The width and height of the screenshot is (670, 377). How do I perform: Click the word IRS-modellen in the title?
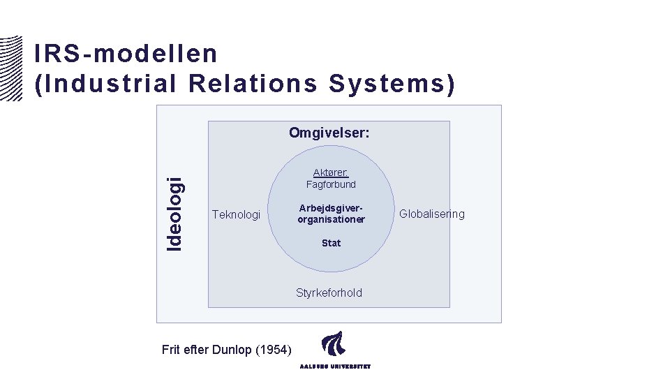tap(126, 54)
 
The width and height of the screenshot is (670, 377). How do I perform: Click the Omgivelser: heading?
tap(329, 133)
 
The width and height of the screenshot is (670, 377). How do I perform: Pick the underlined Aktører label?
tap(330, 172)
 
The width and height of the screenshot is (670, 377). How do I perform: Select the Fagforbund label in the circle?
tap(331, 184)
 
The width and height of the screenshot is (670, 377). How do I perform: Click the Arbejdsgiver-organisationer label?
tap(331, 214)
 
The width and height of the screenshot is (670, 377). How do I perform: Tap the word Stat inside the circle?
tap(331, 243)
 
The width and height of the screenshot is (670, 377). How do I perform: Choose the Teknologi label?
tap(236, 214)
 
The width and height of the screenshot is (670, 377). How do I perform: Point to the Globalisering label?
tap(431, 214)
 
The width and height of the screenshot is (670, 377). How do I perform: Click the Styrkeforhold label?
tap(329, 293)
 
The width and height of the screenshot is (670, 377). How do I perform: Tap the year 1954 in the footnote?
tap(276, 350)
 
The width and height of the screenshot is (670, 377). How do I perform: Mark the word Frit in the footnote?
tap(170, 350)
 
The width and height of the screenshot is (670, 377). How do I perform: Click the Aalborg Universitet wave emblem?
tap(333, 346)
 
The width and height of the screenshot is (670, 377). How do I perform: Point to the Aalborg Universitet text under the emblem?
tap(335, 366)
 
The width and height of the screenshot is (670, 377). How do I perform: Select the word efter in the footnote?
tap(197, 350)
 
